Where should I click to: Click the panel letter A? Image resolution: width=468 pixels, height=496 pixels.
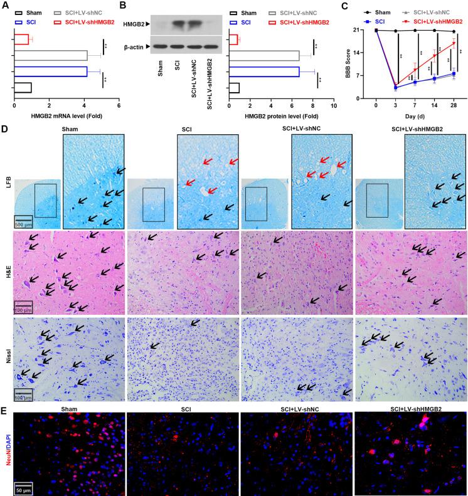(x=4, y=6)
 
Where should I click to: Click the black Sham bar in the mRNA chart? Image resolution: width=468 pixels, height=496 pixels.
(x=22, y=87)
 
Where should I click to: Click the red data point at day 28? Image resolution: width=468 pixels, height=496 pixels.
(x=454, y=43)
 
